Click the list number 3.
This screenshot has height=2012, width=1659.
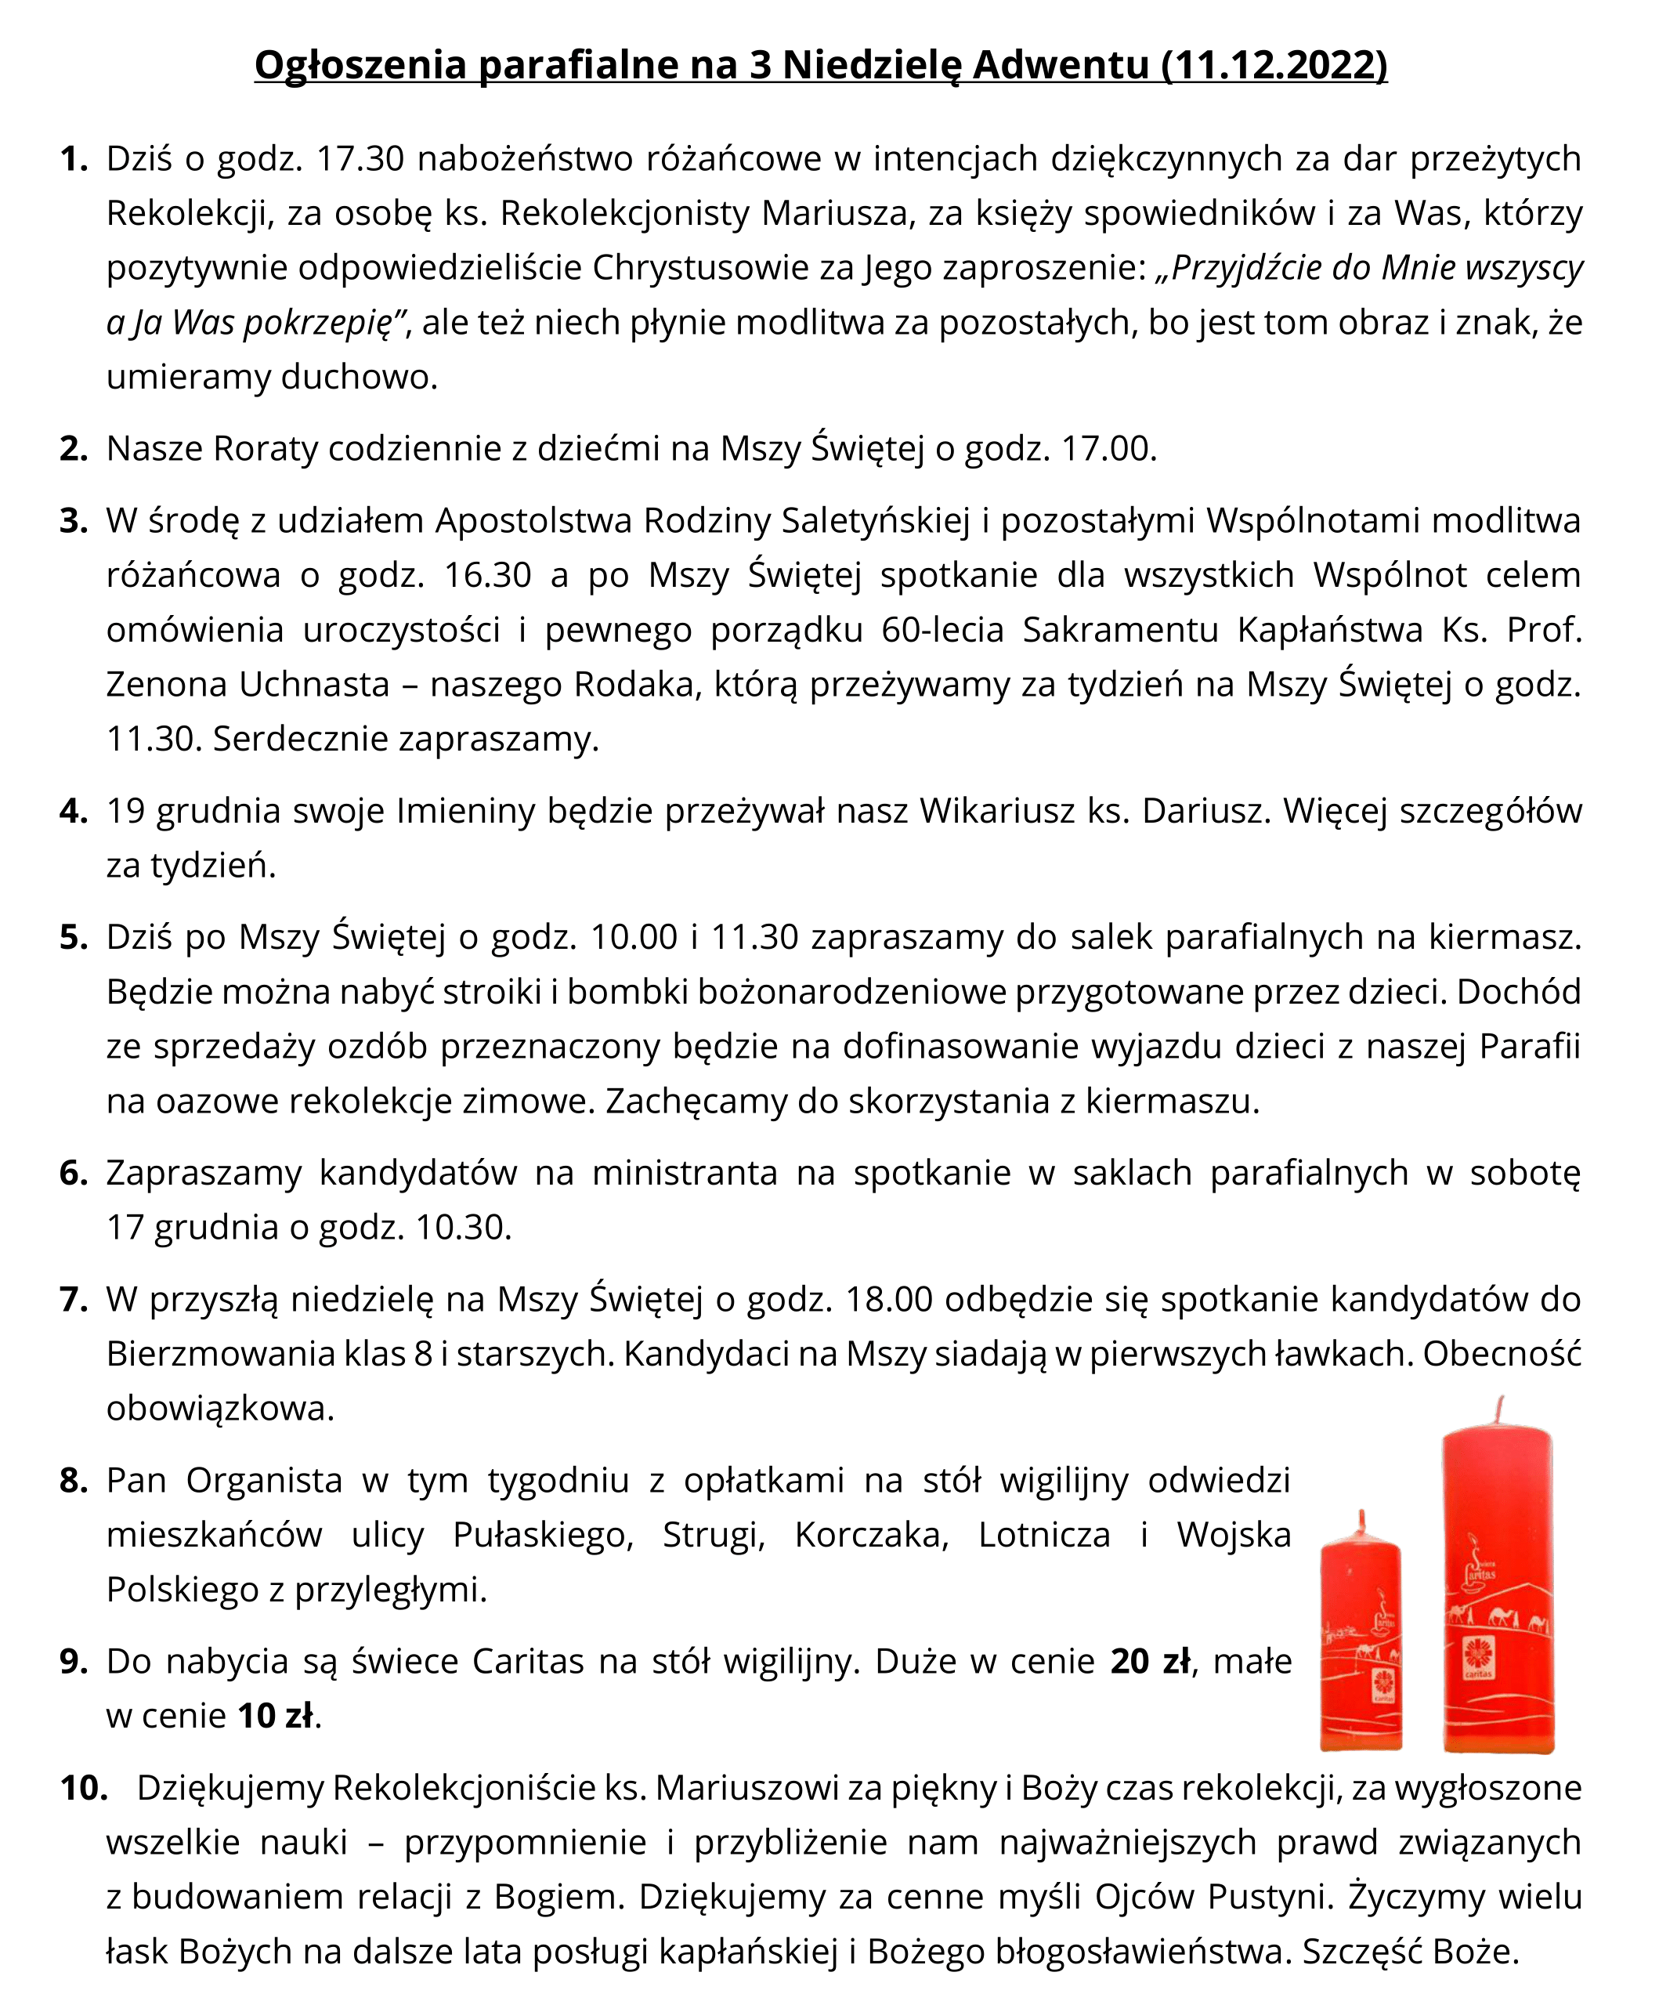[x=73, y=521]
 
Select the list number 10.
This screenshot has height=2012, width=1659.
[x=83, y=1787]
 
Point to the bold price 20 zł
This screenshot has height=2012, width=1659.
[x=1151, y=1662]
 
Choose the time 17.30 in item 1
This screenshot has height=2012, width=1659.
[x=360, y=159]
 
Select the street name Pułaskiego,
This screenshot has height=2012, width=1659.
[x=543, y=1535]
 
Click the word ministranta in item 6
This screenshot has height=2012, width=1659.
[x=685, y=1173]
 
